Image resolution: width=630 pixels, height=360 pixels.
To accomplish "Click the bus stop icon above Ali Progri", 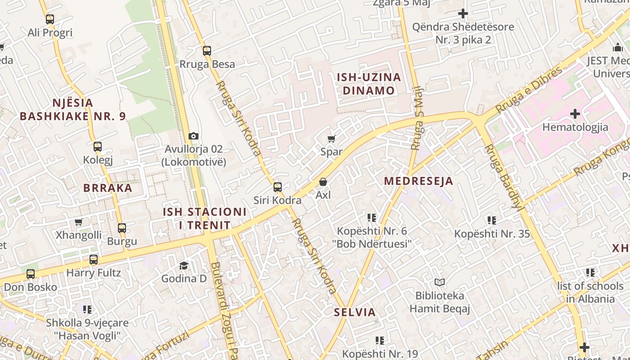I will pos(50,19).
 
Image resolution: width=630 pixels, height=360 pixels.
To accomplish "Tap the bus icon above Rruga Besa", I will pos(207,51).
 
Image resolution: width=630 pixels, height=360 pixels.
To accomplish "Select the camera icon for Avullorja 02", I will pos(193,136).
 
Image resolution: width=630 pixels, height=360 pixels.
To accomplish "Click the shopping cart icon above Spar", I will pos(332,139).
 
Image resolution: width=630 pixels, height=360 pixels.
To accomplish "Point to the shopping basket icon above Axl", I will pos(323,182).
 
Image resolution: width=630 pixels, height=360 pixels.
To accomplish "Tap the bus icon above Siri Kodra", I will pos(278,187).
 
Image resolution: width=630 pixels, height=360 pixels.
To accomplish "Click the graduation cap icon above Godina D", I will pos(184,265).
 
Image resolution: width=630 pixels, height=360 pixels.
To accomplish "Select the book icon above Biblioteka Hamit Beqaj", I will pos(440,282).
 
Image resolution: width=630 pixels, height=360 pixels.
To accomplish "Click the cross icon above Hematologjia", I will pos(575,114).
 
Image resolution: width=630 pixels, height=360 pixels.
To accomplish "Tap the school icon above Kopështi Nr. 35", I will pos(492,220).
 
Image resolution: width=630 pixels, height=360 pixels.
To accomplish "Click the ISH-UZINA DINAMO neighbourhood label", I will pos(369,84).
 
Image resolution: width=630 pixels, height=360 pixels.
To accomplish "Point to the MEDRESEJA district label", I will pos(418,181).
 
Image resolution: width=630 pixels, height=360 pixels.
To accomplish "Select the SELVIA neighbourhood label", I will pos(355,312).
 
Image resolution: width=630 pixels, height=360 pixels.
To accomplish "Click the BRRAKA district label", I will pos(108,188).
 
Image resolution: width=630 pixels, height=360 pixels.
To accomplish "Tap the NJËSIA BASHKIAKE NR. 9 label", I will pos(73,109).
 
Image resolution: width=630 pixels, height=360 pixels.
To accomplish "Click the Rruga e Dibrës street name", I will pos(529,90).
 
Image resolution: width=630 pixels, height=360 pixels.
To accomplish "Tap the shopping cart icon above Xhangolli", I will pos(79,222).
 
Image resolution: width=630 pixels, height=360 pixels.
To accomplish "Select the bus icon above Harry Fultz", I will pos(94,260).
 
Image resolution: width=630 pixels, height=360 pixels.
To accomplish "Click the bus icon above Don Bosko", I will pos(31,274).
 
